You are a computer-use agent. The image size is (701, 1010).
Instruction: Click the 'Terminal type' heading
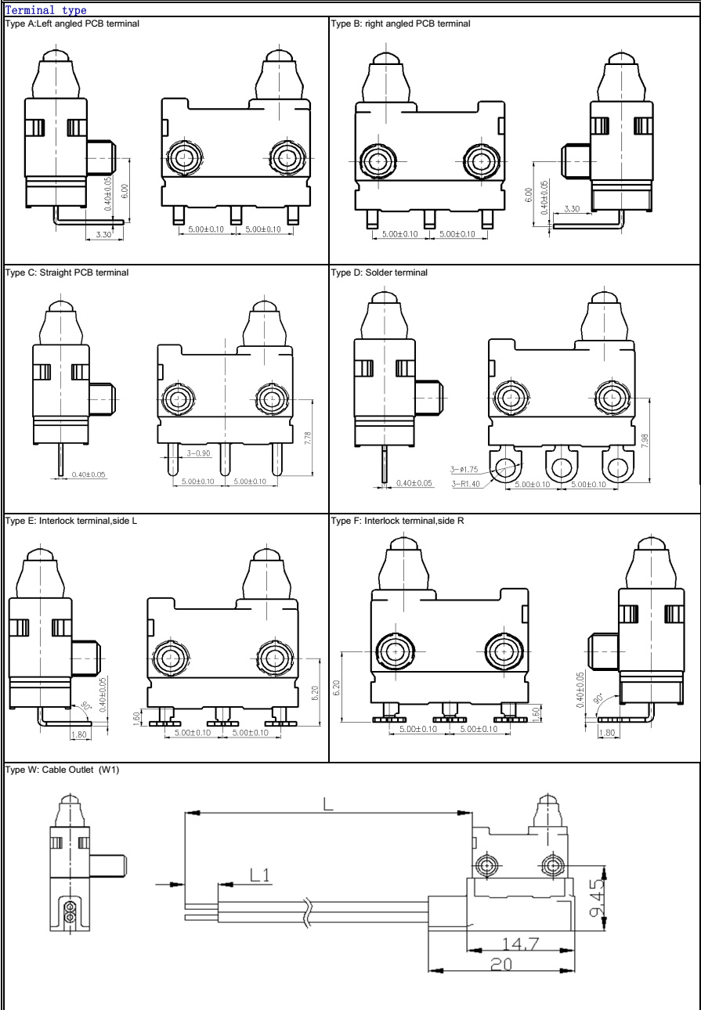click(x=45, y=10)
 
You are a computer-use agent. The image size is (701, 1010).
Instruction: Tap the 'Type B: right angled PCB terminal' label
click(x=401, y=23)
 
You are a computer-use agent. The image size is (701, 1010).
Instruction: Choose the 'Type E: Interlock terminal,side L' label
click(x=71, y=520)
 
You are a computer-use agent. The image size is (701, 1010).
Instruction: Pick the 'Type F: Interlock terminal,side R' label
click(x=398, y=520)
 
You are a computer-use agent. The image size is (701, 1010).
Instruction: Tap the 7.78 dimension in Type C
click(x=307, y=438)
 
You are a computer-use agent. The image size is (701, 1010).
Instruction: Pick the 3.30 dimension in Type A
click(x=103, y=233)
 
